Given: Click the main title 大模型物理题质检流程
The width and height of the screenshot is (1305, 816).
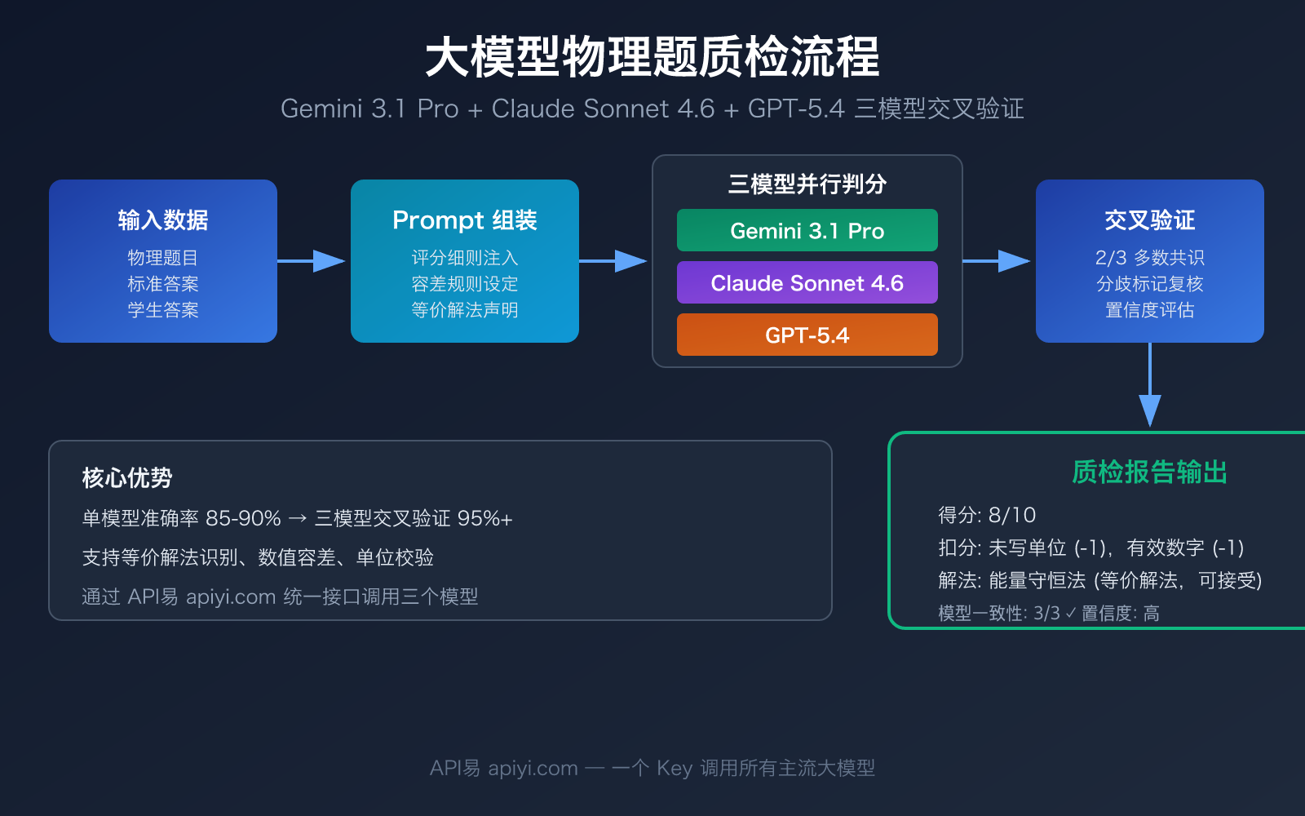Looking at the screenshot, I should pyautogui.click(x=652, y=57).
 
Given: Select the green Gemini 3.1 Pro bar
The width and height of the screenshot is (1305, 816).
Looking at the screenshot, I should pyautogui.click(x=807, y=231).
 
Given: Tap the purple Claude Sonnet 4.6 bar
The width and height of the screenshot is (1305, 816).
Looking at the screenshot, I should pyautogui.click(x=807, y=283).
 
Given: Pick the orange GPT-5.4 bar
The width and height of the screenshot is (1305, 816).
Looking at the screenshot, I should pyautogui.click(x=807, y=335).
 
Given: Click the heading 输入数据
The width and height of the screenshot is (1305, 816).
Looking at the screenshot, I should pyautogui.click(x=163, y=220).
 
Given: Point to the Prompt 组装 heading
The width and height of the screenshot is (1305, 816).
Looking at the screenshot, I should pyautogui.click(x=464, y=220).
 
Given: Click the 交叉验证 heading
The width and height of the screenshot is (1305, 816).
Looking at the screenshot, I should pyautogui.click(x=1149, y=220).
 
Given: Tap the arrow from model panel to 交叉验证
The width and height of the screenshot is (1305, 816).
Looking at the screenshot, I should pyautogui.click(x=997, y=261).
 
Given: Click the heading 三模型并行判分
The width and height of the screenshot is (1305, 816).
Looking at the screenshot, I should pyautogui.click(x=807, y=184).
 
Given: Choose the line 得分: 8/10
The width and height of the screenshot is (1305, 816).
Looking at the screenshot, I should pyautogui.click(x=987, y=516).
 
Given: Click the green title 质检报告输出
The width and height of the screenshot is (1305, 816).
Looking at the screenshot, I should pyautogui.click(x=1149, y=472).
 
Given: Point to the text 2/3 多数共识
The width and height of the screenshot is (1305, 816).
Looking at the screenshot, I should pyautogui.click(x=1149, y=258).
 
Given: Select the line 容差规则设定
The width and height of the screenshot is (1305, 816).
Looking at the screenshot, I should pyautogui.click(x=464, y=284).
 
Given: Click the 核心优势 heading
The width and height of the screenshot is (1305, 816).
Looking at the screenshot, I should pyautogui.click(x=127, y=478).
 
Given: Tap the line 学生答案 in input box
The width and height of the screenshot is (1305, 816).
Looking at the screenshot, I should pyautogui.click(x=163, y=310).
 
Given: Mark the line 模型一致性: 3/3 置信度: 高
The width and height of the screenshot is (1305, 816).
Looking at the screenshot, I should pyautogui.click(x=1049, y=614).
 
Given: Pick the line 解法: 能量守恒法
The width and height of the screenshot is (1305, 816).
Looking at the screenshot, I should pyautogui.click(x=1099, y=581).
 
